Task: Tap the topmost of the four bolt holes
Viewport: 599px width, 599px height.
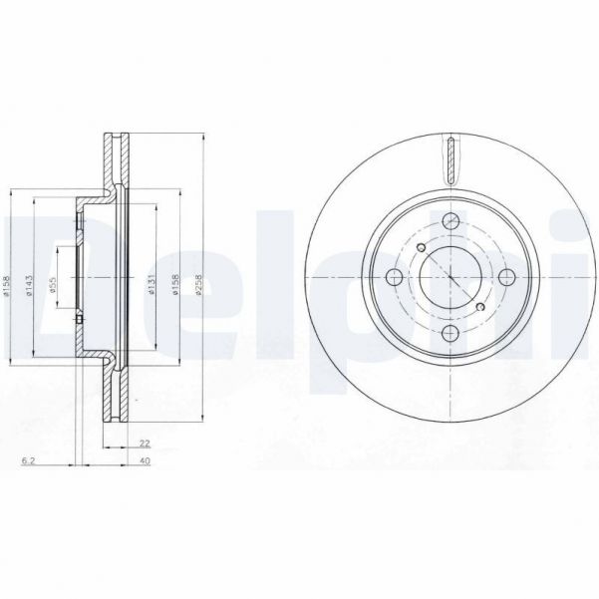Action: (450, 220)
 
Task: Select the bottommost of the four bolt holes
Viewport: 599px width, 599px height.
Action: (450, 333)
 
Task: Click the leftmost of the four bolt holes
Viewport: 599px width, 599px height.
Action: (394, 277)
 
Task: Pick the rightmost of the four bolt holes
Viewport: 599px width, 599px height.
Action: (507, 277)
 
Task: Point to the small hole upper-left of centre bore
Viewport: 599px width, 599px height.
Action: (421, 248)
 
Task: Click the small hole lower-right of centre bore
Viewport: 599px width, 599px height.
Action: (480, 306)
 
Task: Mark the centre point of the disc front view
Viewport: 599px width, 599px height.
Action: (450, 277)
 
